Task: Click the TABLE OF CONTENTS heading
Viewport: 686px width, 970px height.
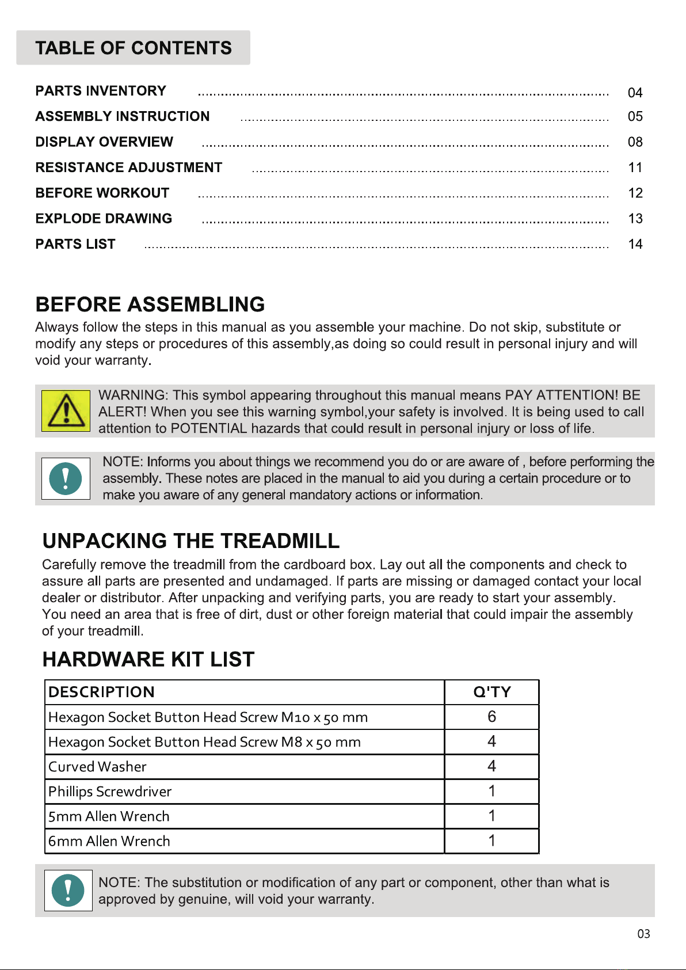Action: tap(134, 48)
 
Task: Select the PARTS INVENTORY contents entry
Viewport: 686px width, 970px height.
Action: tap(101, 91)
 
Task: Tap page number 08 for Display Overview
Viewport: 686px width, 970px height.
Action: tap(635, 142)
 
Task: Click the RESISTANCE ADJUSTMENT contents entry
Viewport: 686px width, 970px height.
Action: tap(129, 168)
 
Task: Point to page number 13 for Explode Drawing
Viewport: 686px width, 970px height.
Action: tap(635, 219)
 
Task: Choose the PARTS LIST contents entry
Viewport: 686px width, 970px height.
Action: tap(75, 244)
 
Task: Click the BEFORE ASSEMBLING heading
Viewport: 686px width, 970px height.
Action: tap(150, 305)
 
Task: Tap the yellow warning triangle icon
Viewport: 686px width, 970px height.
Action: tap(66, 410)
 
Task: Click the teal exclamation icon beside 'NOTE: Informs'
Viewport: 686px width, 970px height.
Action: tap(66, 478)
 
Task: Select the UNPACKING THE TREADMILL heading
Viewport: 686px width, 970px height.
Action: tap(191, 541)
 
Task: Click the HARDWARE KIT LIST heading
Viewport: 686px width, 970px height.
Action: tap(148, 660)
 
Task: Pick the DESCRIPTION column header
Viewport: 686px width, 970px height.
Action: tap(102, 692)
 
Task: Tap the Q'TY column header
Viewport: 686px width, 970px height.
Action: tap(492, 692)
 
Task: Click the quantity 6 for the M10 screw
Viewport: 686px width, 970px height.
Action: tap(491, 717)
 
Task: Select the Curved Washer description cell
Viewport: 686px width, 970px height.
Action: tap(98, 767)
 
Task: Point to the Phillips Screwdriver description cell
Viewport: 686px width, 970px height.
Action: tap(110, 792)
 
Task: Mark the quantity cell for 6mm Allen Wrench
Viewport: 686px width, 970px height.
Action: tap(491, 841)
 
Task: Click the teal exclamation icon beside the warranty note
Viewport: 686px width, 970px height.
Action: tap(68, 890)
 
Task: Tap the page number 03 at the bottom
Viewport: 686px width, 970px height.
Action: tap(643, 934)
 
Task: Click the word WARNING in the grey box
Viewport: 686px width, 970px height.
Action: tap(133, 395)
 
